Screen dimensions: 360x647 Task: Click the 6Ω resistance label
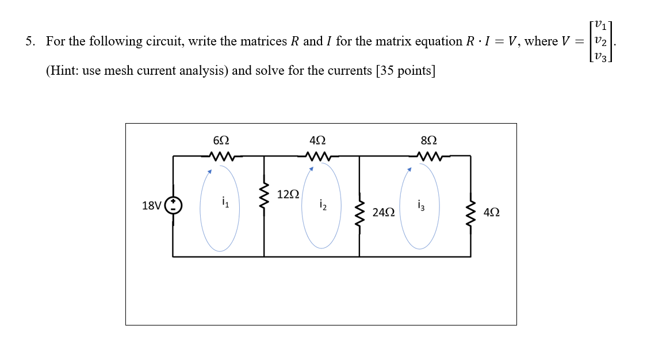click(x=221, y=140)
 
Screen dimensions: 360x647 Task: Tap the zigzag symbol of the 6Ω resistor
click(x=221, y=156)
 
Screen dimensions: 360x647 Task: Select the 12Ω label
click(x=287, y=194)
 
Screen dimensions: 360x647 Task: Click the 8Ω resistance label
click(x=428, y=140)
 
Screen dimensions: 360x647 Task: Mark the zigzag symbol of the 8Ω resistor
click(x=428, y=156)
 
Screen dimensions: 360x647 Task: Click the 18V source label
click(x=152, y=205)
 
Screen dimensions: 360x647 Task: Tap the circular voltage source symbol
click(x=173, y=205)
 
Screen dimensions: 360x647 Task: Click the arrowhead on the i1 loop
click(x=210, y=171)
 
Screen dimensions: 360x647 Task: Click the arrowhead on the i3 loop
click(x=409, y=170)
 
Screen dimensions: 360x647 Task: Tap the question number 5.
click(x=29, y=41)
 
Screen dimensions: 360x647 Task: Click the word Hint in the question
click(x=62, y=71)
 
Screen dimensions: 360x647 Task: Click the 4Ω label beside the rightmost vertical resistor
click(x=492, y=212)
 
